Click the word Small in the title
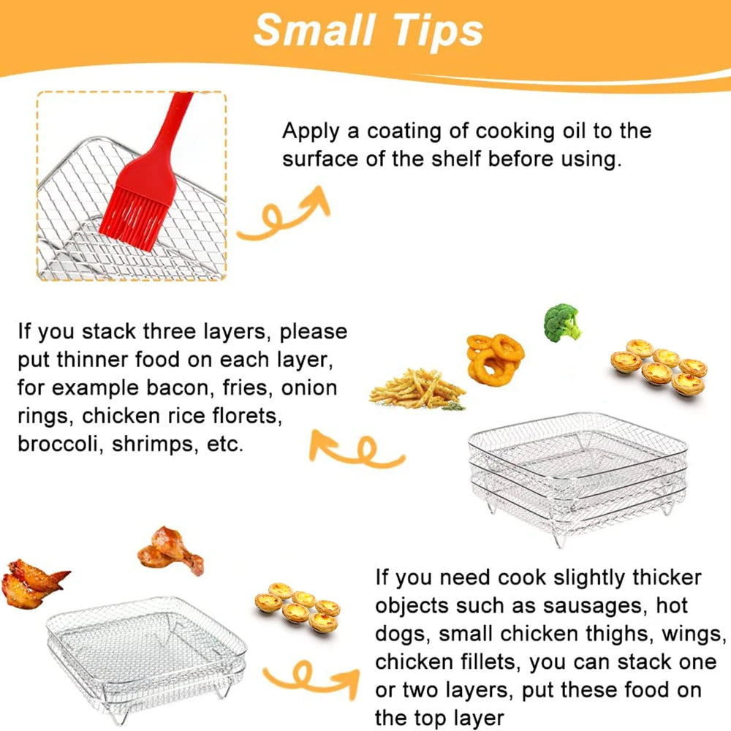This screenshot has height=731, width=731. pyautogui.click(x=312, y=31)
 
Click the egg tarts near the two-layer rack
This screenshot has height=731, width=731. pyautogui.click(x=296, y=606)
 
